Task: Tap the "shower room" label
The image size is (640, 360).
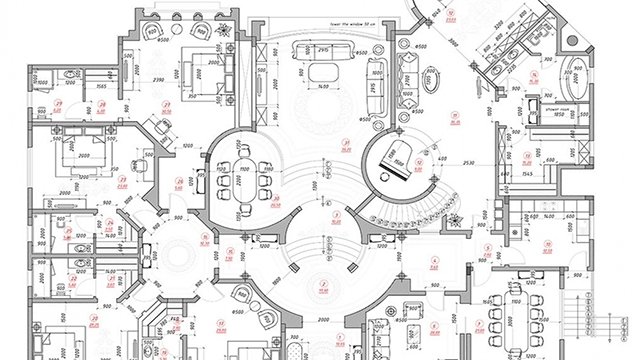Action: click(557, 105)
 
